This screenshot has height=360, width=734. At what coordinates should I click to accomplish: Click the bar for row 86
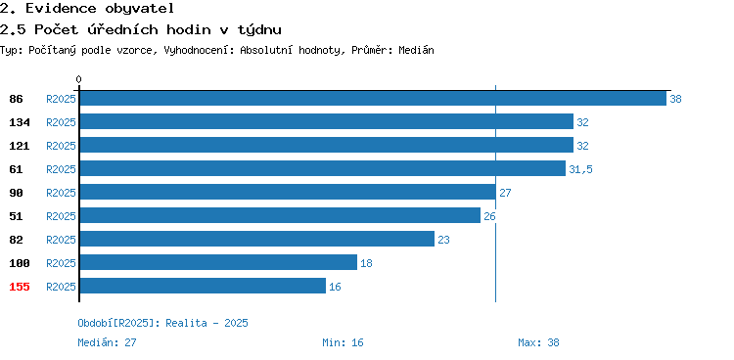[373, 98]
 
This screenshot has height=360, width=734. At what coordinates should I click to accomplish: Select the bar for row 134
[327, 121]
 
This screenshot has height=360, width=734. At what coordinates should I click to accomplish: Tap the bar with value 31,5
[323, 168]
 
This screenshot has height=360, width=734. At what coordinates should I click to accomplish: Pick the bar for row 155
[203, 286]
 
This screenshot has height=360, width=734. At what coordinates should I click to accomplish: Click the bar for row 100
[218, 262]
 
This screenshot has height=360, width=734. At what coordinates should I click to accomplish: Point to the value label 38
[675, 99]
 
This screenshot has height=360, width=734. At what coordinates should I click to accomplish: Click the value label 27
[505, 193]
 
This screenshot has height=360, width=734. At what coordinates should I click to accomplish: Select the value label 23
[443, 240]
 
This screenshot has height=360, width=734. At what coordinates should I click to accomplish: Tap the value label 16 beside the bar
[335, 287]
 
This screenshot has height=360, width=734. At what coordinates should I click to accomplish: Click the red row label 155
[20, 287]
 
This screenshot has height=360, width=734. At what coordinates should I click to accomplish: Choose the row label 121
[20, 146]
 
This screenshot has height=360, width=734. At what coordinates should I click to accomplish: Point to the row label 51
[16, 216]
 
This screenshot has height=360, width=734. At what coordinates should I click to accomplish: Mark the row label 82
[16, 240]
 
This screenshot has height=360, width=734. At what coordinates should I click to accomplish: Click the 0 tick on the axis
[78, 79]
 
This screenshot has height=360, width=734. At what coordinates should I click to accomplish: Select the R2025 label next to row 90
[61, 193]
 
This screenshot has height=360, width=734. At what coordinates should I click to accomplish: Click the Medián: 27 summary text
[108, 342]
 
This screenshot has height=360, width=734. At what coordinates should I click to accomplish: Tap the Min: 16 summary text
[343, 342]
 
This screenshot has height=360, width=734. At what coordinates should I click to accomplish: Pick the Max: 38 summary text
[538, 342]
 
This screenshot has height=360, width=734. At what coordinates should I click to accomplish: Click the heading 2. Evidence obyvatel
[87, 8]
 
